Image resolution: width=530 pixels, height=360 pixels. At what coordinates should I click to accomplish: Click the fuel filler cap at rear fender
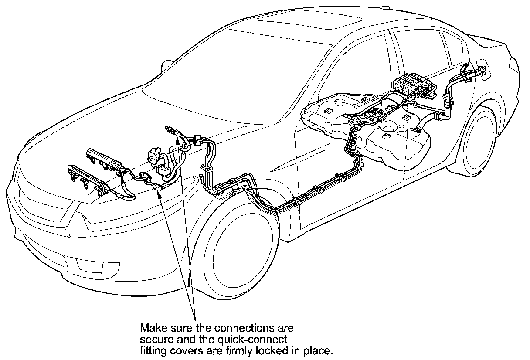482,72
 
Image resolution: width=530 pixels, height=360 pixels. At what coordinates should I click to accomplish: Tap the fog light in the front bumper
83,264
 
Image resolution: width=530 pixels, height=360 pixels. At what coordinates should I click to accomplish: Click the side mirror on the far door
164,66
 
